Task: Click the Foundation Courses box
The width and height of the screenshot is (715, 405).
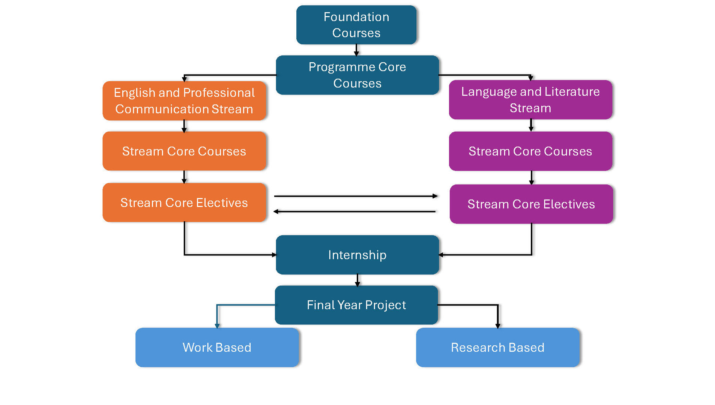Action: pos(356,25)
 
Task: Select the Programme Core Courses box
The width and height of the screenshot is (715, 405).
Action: pos(357,75)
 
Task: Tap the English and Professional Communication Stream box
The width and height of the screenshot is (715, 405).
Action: pos(184,100)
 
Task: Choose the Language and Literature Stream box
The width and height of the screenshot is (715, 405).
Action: pos(530,100)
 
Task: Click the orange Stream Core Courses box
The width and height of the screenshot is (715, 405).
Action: pos(184,151)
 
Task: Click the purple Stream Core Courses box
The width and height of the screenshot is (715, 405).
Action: pos(530,151)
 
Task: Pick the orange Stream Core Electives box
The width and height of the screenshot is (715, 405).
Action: pos(184,202)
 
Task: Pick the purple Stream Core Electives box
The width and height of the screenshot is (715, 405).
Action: pos(531,204)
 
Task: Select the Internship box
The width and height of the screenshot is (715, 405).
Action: pos(357,255)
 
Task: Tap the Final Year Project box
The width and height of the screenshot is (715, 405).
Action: pos(356,305)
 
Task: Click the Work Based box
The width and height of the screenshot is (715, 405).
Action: pos(217,347)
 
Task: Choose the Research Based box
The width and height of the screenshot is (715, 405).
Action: pos(497,347)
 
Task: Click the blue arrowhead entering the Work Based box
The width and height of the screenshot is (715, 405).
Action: pos(217,325)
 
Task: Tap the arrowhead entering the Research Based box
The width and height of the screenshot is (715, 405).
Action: pos(498,325)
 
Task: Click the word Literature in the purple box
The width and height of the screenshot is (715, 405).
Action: pos(572,91)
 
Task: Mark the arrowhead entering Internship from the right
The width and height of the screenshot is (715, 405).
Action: pos(441,255)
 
